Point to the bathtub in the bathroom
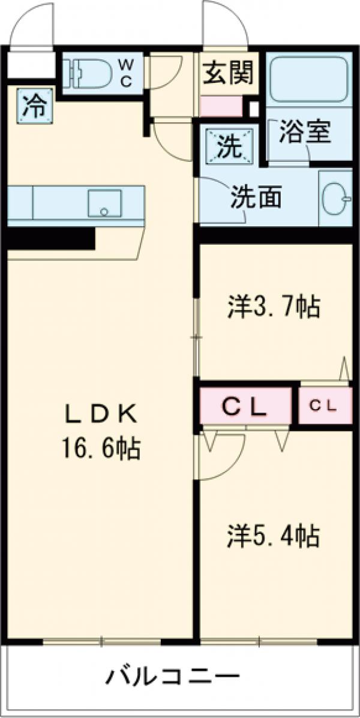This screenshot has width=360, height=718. [308, 80]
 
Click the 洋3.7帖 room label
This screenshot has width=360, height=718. [273, 308]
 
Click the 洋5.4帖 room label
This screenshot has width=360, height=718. [273, 535]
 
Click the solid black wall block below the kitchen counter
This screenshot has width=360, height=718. [51, 238]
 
